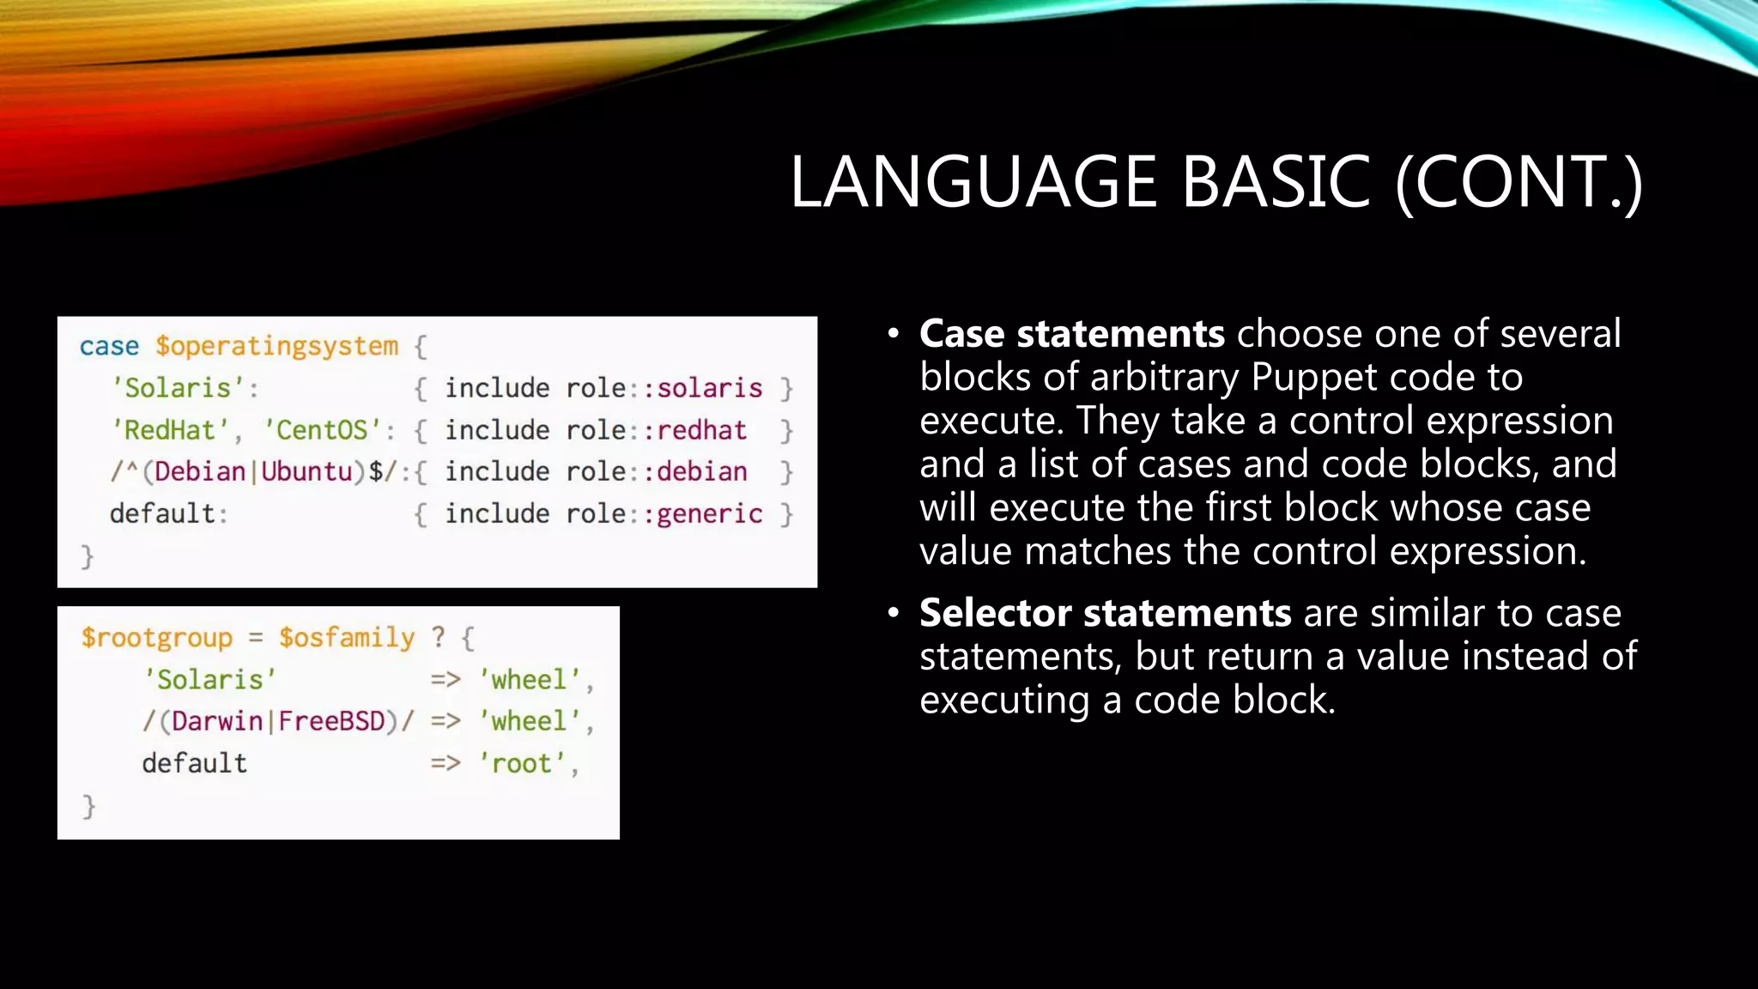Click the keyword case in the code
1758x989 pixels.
[x=109, y=346]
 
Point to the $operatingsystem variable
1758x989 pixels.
[x=276, y=346]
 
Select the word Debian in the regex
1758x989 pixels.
[x=200, y=471]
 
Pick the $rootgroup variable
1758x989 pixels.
[x=156, y=638]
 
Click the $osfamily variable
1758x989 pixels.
[x=346, y=638]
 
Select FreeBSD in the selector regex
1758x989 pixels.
[x=331, y=721]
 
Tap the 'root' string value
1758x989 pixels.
[x=521, y=763]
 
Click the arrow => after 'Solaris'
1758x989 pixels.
[x=446, y=680]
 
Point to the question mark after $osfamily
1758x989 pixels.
[x=439, y=637]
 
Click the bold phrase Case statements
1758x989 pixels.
[x=1071, y=334]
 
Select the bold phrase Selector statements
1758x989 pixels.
[x=1105, y=613]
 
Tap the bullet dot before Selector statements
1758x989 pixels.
[x=894, y=613]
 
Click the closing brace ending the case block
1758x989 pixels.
[x=87, y=556]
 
